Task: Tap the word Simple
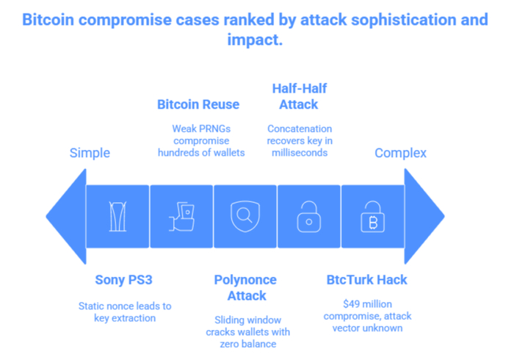[90, 154]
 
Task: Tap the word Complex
[400, 154]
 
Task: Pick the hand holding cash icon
[182, 217]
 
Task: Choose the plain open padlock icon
[308, 217]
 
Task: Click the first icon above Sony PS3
[118, 217]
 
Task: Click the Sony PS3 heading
[118, 280]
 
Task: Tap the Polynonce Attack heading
[247, 287]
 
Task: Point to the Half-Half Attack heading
[299, 96]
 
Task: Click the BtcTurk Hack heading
[366, 280]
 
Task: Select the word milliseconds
[299, 152]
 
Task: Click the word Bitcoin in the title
[49, 19]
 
